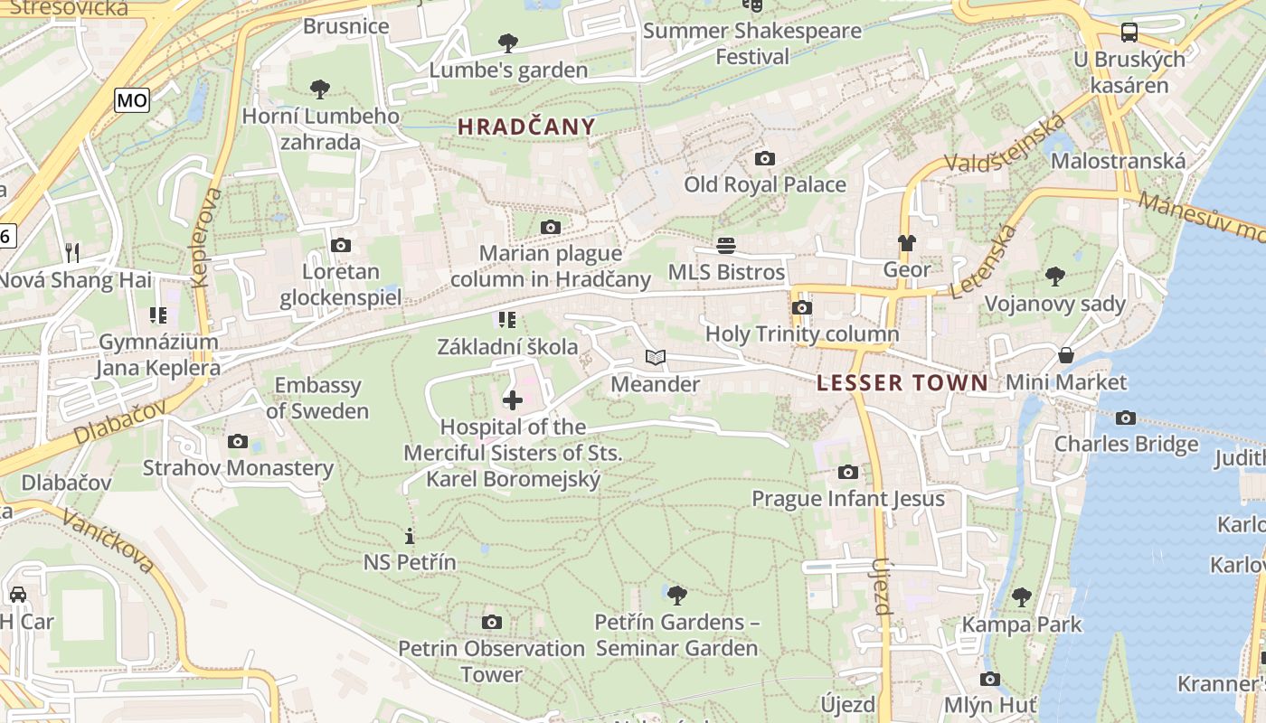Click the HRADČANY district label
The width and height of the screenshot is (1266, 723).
pos(526,127)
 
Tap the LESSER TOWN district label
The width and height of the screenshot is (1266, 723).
pos(902,383)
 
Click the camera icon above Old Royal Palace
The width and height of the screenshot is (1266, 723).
pos(764,159)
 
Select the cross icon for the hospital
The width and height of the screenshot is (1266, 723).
pos(512,399)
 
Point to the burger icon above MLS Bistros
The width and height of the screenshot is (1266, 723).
pos(725,246)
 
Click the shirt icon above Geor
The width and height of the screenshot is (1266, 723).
pos(906,243)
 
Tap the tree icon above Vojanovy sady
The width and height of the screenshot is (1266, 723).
pos(1054,277)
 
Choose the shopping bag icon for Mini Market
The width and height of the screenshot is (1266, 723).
pos(1066,355)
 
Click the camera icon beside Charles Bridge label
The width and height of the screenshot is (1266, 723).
pos(1126,418)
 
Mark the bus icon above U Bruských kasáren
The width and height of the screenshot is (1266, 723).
pos(1129,33)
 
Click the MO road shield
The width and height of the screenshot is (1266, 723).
pos(132,100)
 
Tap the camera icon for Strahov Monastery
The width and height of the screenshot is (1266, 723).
pos(238,441)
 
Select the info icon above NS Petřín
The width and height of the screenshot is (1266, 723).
pos(410,536)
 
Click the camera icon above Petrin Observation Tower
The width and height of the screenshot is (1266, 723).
pos(491,622)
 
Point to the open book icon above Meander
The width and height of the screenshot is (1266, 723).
pos(656,358)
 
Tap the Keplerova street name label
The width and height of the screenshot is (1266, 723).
pos(208,237)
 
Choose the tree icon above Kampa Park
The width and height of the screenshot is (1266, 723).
pos(1022,597)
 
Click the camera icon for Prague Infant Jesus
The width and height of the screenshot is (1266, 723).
pos(847,472)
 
